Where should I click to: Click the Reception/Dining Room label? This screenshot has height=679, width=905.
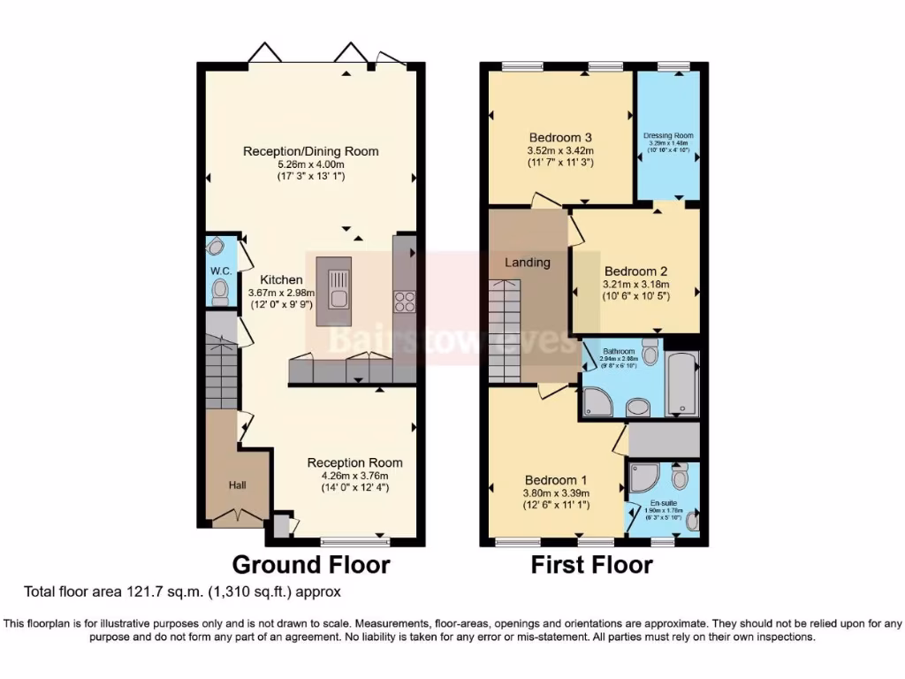pyautogui.click(x=311, y=151)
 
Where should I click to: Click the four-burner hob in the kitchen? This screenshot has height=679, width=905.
pyautogui.click(x=405, y=301)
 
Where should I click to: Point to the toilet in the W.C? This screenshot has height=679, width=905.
pyautogui.click(x=219, y=291)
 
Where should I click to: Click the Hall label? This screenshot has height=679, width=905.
pyautogui.click(x=238, y=484)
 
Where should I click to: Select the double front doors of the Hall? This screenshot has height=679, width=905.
pyautogui.click(x=238, y=517)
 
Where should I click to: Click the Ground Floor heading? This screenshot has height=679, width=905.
pyautogui.click(x=310, y=564)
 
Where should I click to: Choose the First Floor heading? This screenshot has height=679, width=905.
pyautogui.click(x=591, y=564)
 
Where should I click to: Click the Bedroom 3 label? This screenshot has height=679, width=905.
pyautogui.click(x=559, y=137)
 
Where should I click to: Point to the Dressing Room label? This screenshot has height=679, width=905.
pyautogui.click(x=668, y=135)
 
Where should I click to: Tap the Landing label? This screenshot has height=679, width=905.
pyautogui.click(x=528, y=263)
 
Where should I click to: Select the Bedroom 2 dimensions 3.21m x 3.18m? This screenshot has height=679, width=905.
pyautogui.click(x=636, y=285)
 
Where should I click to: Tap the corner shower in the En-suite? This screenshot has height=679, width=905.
pyautogui.click(x=642, y=477)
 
